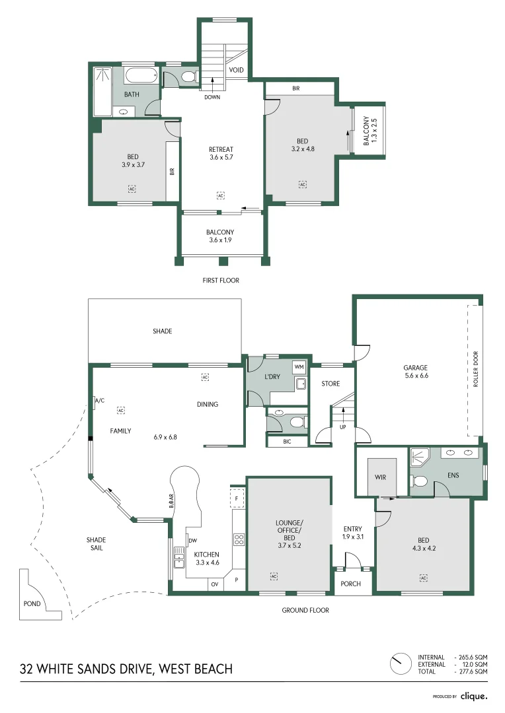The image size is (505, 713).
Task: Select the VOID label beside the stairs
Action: (x=236, y=70)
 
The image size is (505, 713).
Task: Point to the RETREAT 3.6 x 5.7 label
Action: (x=221, y=153)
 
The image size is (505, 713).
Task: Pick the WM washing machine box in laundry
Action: (x=299, y=366)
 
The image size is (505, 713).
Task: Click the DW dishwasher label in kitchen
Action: (x=193, y=541)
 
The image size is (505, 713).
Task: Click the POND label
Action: (x=32, y=603)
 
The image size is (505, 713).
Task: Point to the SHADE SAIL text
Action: (x=96, y=544)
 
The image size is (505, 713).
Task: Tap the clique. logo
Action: (x=473, y=696)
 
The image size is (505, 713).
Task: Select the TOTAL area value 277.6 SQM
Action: (x=471, y=671)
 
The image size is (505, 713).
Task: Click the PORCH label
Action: (x=350, y=584)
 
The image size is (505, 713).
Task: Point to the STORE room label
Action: (x=330, y=384)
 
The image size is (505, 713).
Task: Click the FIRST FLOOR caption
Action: (x=221, y=281)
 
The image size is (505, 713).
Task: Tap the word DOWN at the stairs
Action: (x=212, y=97)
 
